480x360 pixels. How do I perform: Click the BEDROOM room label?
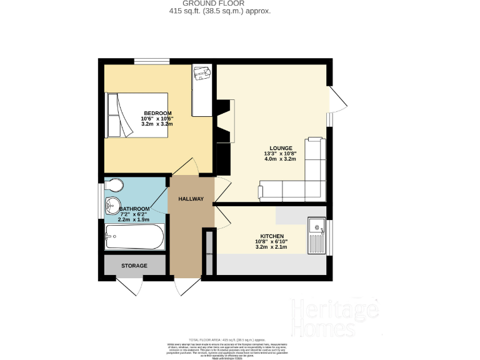point(157,113)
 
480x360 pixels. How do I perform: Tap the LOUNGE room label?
point(281,148)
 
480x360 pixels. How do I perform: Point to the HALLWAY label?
point(191,199)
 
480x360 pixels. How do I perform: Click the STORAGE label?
point(134,266)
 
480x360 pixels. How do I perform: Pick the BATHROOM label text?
point(135,209)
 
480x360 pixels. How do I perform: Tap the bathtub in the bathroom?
point(134,237)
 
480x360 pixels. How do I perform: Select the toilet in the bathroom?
point(114,186)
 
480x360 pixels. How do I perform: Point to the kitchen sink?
point(316,236)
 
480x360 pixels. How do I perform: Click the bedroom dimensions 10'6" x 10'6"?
point(157,119)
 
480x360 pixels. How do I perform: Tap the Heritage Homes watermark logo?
point(334,318)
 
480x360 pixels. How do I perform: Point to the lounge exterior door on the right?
point(337,101)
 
